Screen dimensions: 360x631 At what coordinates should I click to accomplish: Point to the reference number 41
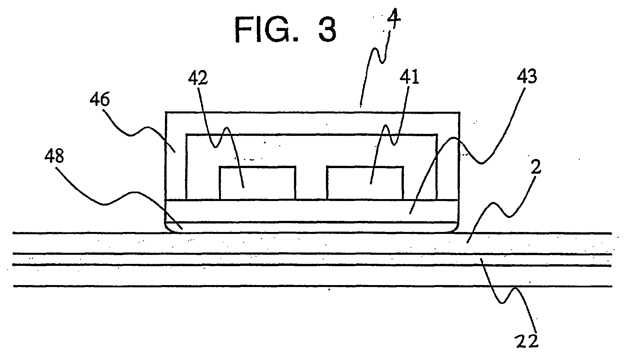point(410,79)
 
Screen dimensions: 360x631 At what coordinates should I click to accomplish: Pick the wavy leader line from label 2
point(502,209)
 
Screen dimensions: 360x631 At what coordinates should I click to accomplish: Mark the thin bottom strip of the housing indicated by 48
point(313,227)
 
